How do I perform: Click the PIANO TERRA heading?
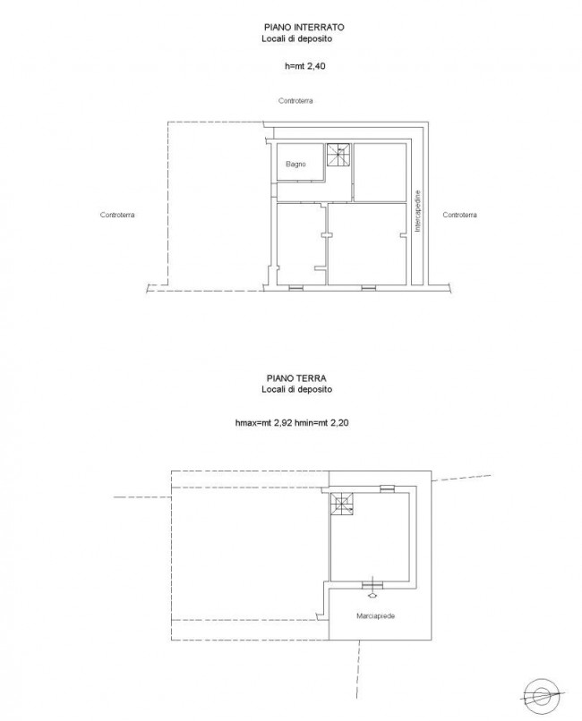[296, 378]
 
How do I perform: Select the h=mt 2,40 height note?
[305, 66]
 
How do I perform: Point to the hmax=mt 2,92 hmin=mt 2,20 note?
[292, 422]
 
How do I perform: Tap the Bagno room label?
[295, 164]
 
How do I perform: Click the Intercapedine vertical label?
[418, 211]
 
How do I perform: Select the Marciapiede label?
[375, 615]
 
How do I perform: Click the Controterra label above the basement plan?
[295, 101]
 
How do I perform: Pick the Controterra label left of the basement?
[117, 215]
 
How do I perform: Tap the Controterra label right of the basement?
[459, 215]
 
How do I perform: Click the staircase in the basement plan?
[338, 155]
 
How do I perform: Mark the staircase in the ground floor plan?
[343, 504]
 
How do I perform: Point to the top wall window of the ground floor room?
[387, 488]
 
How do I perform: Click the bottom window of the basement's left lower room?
[295, 288]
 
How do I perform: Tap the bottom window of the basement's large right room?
[369, 288]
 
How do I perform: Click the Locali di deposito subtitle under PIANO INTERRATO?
[296, 39]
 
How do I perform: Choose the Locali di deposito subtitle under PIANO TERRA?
[296, 389]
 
